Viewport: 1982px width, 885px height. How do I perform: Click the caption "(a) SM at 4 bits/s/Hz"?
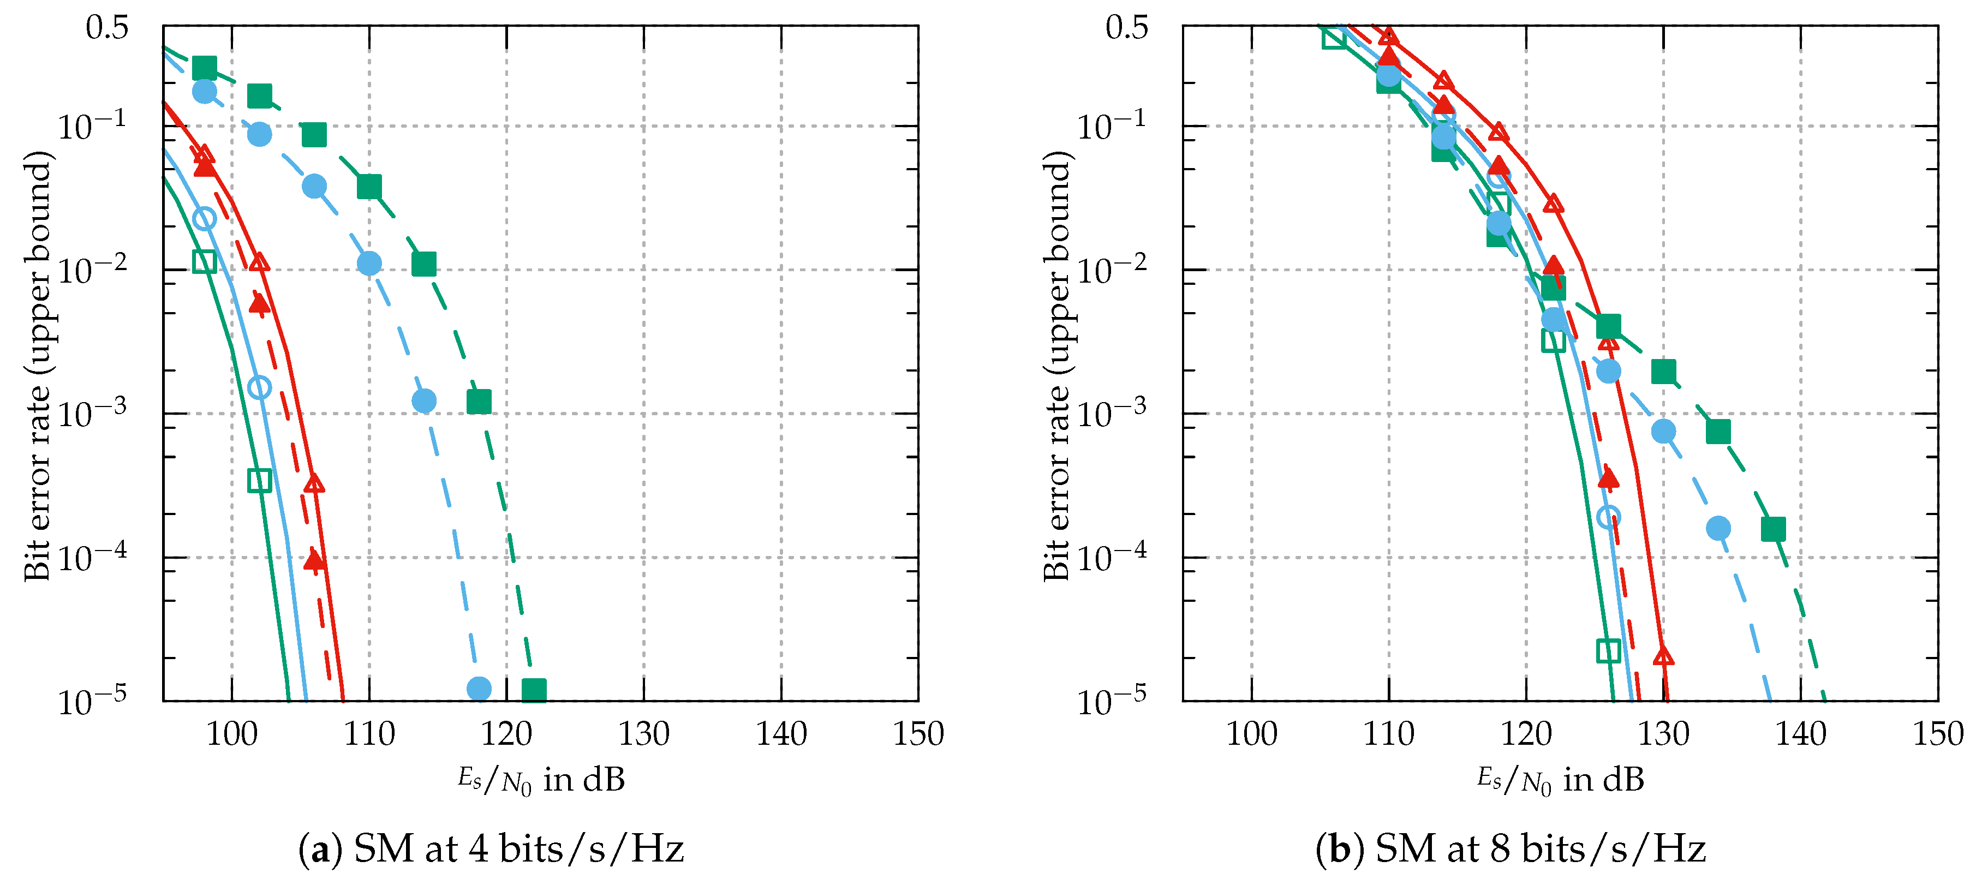[x=491, y=849]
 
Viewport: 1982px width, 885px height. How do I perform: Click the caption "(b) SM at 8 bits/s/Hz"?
[x=1511, y=849]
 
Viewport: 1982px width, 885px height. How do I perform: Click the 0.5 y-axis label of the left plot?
[x=107, y=28]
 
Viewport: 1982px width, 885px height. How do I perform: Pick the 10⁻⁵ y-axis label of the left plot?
[x=92, y=701]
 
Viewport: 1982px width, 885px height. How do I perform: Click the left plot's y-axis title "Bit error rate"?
[x=37, y=366]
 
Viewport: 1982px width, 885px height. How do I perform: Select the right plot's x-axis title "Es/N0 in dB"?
[x=1560, y=780]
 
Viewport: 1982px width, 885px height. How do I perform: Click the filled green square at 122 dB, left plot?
[x=534, y=690]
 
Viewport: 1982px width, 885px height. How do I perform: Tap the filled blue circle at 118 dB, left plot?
[x=479, y=689]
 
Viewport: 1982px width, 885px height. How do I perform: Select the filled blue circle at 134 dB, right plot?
[x=1718, y=529]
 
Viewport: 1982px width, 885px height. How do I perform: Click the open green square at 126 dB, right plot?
[x=1608, y=651]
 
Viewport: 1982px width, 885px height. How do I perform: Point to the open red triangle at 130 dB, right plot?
[x=1663, y=656]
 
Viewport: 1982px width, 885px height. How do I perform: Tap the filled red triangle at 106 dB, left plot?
[x=314, y=559]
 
